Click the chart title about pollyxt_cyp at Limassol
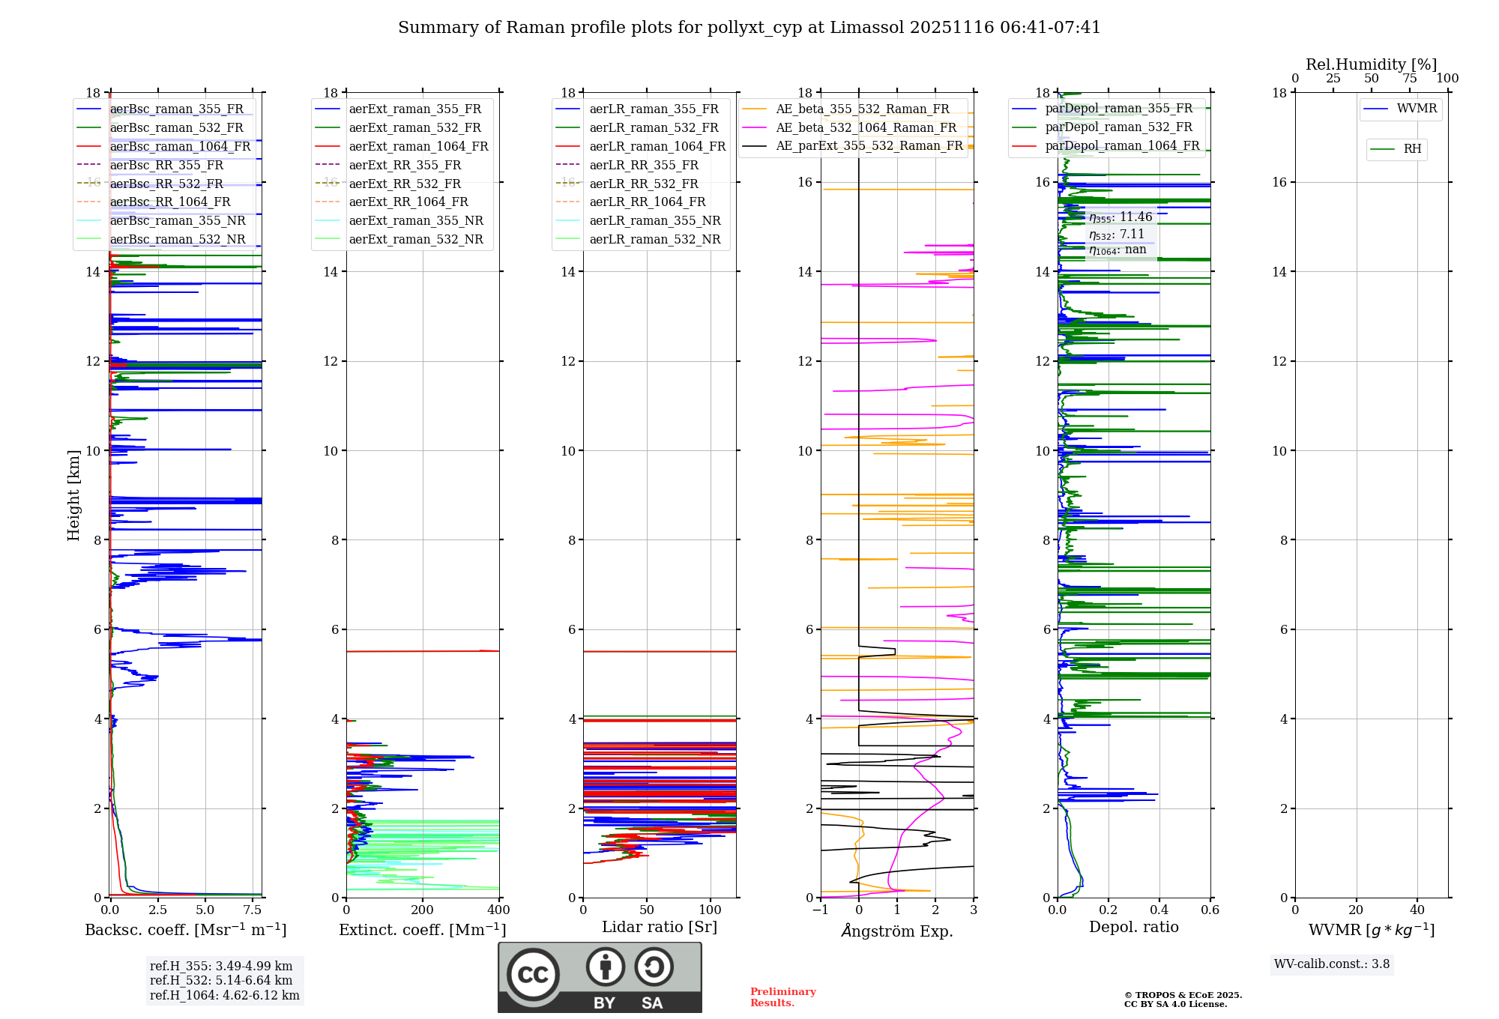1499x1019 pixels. (x=749, y=28)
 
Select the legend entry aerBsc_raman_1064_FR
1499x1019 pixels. (x=180, y=146)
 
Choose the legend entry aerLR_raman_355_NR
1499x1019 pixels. (x=654, y=220)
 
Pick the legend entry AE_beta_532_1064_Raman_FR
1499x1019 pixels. (x=866, y=127)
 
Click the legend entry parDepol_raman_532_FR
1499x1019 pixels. (x=1118, y=127)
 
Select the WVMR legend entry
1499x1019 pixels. (x=1416, y=109)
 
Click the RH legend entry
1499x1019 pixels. (x=1412, y=149)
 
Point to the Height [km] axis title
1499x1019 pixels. (x=73, y=495)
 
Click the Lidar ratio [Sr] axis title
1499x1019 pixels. (x=660, y=927)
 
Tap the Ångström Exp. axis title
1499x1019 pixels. (x=896, y=931)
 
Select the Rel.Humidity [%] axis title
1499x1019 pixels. (x=1371, y=64)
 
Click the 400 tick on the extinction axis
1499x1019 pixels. (x=498, y=910)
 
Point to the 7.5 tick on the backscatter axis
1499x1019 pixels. (x=253, y=910)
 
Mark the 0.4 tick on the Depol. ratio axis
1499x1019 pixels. (x=1159, y=910)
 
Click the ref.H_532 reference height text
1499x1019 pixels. (x=220, y=980)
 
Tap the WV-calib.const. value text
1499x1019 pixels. (x=1331, y=964)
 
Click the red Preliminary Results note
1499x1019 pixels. (x=782, y=997)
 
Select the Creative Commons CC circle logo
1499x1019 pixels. (x=533, y=974)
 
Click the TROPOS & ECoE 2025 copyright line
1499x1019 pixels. (x=1183, y=995)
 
